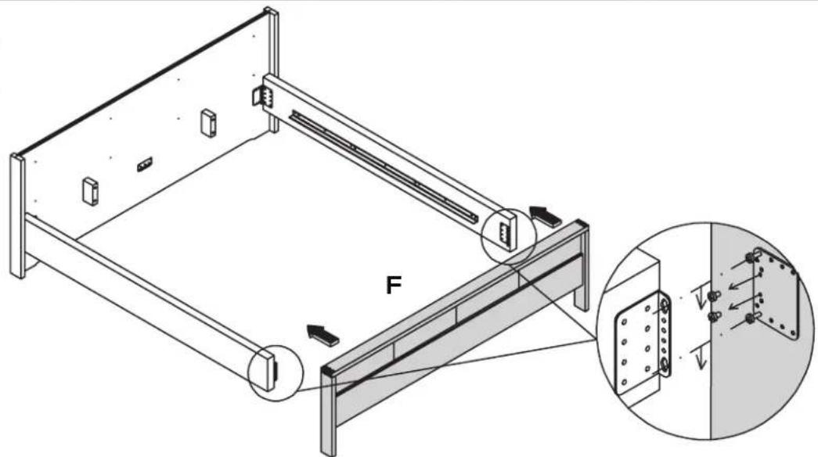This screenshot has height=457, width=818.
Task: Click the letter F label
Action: pyautogui.click(x=395, y=286)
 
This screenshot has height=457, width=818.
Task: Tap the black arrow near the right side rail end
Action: pyautogui.click(x=546, y=216)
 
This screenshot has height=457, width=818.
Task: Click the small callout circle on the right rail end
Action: pyautogui.click(x=507, y=233)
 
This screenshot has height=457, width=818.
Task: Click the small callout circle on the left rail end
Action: pyautogui.click(x=274, y=370)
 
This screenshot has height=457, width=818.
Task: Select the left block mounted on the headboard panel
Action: pyautogui.click(x=91, y=190)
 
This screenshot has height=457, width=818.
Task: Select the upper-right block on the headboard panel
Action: pyautogui.click(x=208, y=123)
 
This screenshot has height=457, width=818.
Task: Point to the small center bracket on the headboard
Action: pyautogui.click(x=144, y=164)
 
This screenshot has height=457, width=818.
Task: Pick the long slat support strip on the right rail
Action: pyautogui.click(x=384, y=164)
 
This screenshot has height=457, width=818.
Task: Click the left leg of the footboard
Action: pyautogui.click(x=328, y=423)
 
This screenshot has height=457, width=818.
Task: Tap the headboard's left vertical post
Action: pyautogui.click(x=16, y=215)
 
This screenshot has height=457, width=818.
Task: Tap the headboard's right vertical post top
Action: pyautogui.click(x=271, y=16)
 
